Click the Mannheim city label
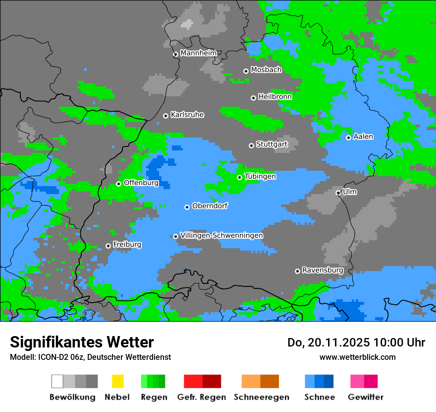199,53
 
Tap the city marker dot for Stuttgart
251,145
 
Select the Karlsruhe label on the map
187,115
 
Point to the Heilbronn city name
275,97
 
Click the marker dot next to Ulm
338,193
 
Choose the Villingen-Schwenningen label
221,235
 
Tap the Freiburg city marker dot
108,246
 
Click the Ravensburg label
323,270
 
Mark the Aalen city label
363,137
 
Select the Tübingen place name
260,176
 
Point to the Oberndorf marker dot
187,207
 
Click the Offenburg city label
141,183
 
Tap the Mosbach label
266,70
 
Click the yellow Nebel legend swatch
117,381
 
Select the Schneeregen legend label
262,397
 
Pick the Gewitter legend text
366,397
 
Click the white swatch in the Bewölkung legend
57,381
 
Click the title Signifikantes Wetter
82,342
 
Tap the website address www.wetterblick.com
358,357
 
